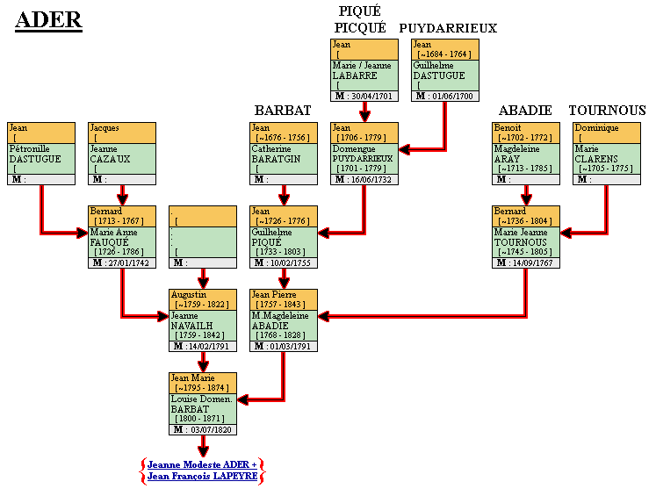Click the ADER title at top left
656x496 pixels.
click(x=49, y=21)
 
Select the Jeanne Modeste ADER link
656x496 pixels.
click(x=202, y=464)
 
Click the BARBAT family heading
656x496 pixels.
click(x=283, y=110)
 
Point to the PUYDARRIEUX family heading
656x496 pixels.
click(x=448, y=28)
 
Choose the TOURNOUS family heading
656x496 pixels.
click(x=607, y=110)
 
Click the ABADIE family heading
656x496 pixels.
click(x=525, y=110)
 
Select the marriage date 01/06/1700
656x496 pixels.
click(x=453, y=97)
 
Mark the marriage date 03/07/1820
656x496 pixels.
click(x=211, y=429)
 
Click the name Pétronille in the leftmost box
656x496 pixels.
click(x=30, y=149)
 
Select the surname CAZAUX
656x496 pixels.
click(x=110, y=159)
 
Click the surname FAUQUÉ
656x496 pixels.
click(x=111, y=242)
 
